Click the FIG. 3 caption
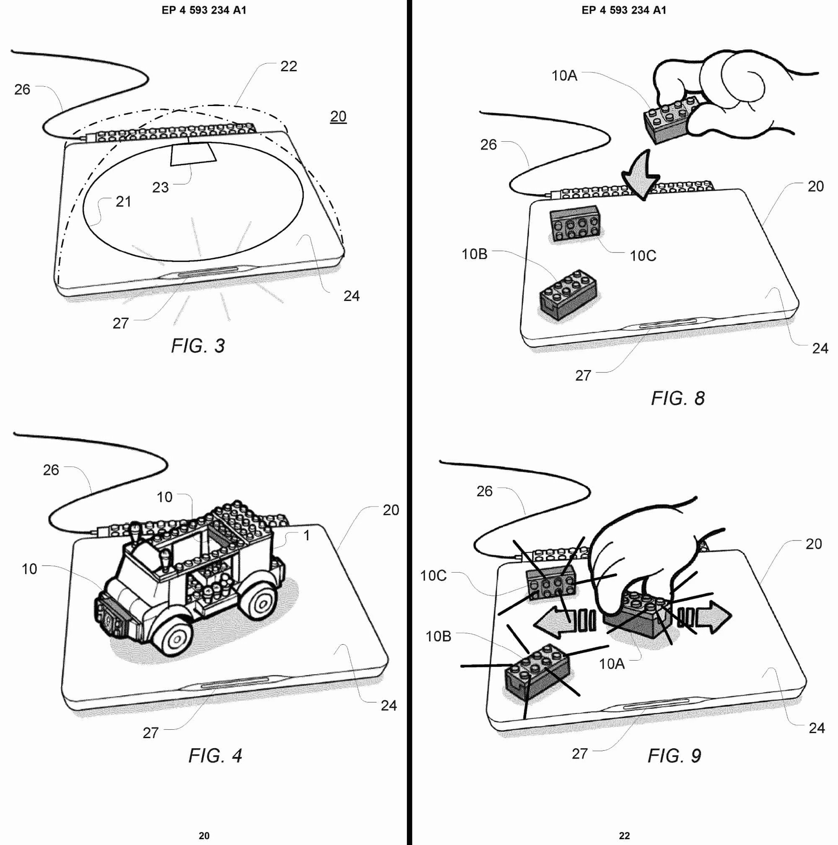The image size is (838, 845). point(198,346)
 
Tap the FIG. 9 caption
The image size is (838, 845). point(674,756)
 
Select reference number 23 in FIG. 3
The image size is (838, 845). point(161,187)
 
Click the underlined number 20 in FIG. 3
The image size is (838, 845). point(338,117)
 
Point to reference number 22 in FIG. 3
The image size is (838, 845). point(289,66)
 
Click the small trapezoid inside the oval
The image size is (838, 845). point(193,154)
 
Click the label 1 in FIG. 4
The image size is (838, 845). point(307,536)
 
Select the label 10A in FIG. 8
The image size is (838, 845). point(564,76)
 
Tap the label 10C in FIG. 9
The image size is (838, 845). point(433,576)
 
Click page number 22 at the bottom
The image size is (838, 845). point(624,835)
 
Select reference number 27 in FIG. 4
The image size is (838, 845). point(150,733)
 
